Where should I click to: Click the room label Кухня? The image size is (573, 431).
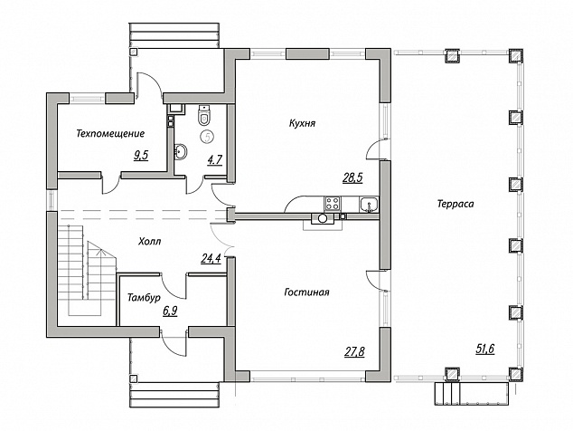(x=302, y=123)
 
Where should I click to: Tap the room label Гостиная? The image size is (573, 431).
(x=306, y=292)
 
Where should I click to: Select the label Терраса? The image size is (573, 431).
(x=456, y=204)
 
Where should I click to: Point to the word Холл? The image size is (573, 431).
(x=150, y=242)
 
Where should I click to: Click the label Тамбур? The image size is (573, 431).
(x=144, y=298)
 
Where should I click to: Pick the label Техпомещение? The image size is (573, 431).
(x=110, y=133)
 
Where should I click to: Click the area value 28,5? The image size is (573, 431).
(x=352, y=178)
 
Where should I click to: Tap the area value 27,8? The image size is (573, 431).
(x=355, y=352)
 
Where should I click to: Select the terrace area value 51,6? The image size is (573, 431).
(x=485, y=349)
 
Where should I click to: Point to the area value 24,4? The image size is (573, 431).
(x=211, y=259)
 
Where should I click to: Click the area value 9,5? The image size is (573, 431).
(x=141, y=156)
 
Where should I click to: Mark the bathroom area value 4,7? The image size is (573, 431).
(x=215, y=160)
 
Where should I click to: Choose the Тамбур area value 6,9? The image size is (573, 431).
(x=170, y=311)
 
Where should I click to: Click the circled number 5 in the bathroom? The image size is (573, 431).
(x=207, y=137)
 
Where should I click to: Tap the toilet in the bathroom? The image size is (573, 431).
(x=204, y=115)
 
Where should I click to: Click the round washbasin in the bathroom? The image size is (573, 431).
(x=181, y=151)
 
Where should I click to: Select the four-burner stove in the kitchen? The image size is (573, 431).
(x=333, y=203)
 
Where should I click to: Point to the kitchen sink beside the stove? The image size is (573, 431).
(x=369, y=204)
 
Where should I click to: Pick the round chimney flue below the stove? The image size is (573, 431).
(x=323, y=218)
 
